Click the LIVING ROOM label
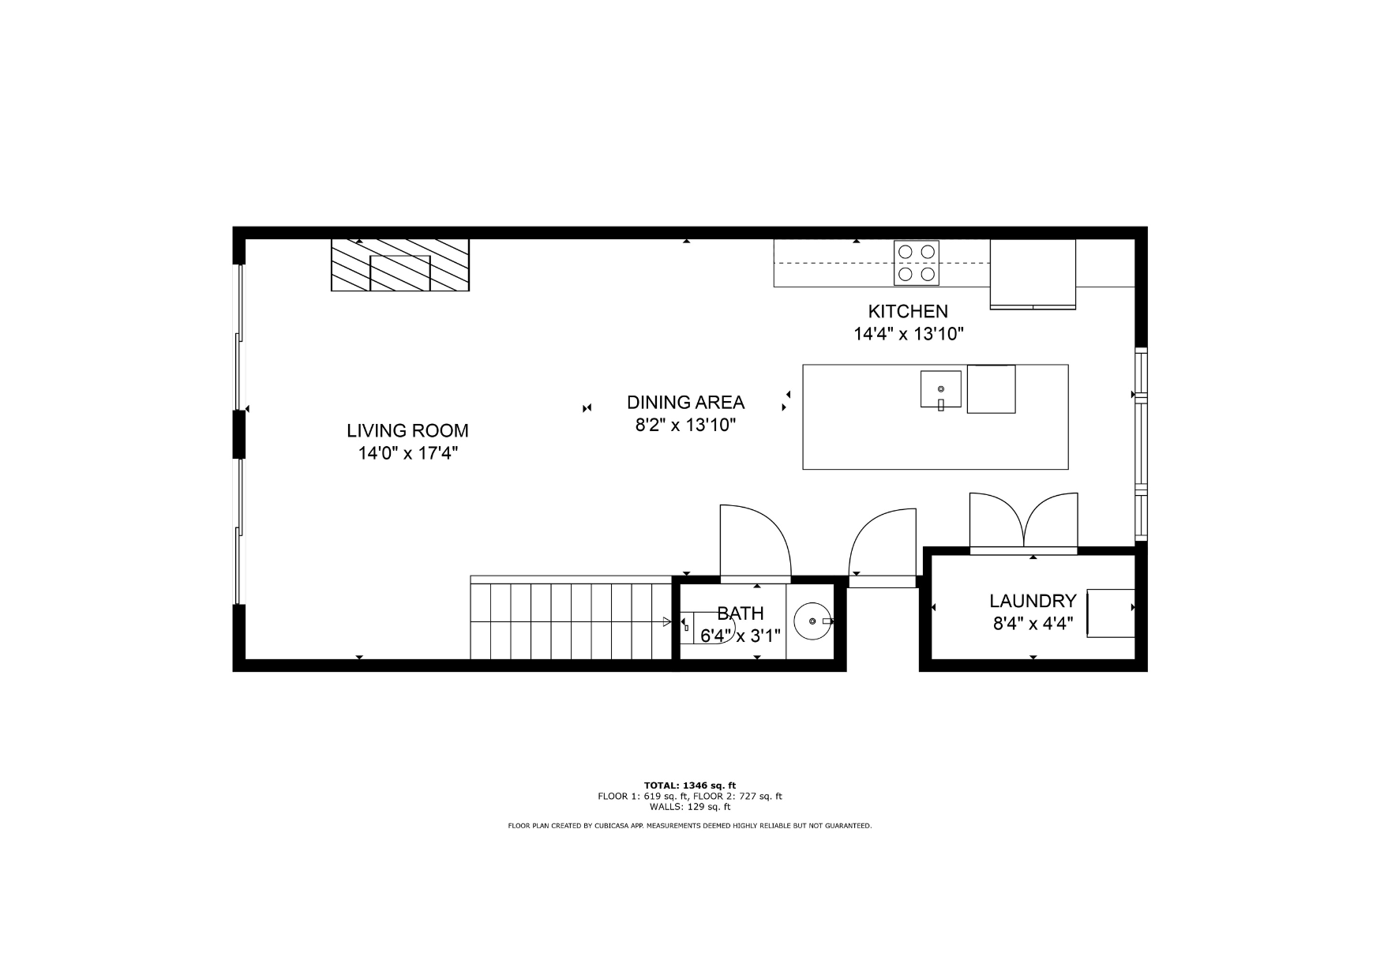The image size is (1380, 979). [x=407, y=431]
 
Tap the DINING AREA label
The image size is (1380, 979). [x=685, y=403]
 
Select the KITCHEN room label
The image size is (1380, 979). [x=908, y=311]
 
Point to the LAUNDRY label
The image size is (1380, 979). [x=1033, y=602]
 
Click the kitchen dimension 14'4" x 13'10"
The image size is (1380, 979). [x=909, y=334]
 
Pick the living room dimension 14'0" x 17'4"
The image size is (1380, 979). [x=408, y=453]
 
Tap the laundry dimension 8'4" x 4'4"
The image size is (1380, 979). [x=1033, y=624]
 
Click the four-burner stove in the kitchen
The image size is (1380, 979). [x=917, y=263]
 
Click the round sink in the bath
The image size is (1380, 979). [x=812, y=621]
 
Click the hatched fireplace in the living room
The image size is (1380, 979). [x=399, y=264]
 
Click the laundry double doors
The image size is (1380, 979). [x=1023, y=523]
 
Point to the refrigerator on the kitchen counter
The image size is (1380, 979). [x=1033, y=273]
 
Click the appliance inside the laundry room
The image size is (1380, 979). [x=1111, y=613]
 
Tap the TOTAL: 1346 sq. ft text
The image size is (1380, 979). [x=690, y=786]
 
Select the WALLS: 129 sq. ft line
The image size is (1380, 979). [x=690, y=807]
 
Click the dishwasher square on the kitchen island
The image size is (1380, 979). [x=991, y=388]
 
